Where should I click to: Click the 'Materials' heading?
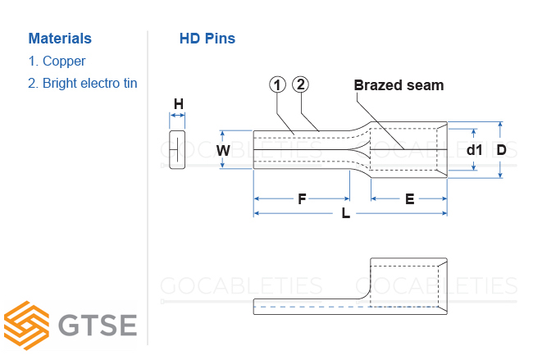[60, 39]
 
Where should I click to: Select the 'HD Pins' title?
[207, 39]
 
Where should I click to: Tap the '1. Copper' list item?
[57, 61]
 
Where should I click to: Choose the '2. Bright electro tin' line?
[82, 83]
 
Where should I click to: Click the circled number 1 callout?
[277, 85]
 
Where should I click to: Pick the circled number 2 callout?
[300, 85]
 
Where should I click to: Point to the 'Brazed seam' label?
[399, 85]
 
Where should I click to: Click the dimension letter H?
[178, 104]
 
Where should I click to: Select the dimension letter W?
[223, 150]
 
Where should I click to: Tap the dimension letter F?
[302, 199]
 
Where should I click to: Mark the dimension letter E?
[409, 199]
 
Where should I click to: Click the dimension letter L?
[345, 214]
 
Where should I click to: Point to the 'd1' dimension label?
[474, 150]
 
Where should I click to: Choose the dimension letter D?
[501, 150]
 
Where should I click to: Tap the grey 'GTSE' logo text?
[98, 326]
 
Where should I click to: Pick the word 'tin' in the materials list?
[129, 83]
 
